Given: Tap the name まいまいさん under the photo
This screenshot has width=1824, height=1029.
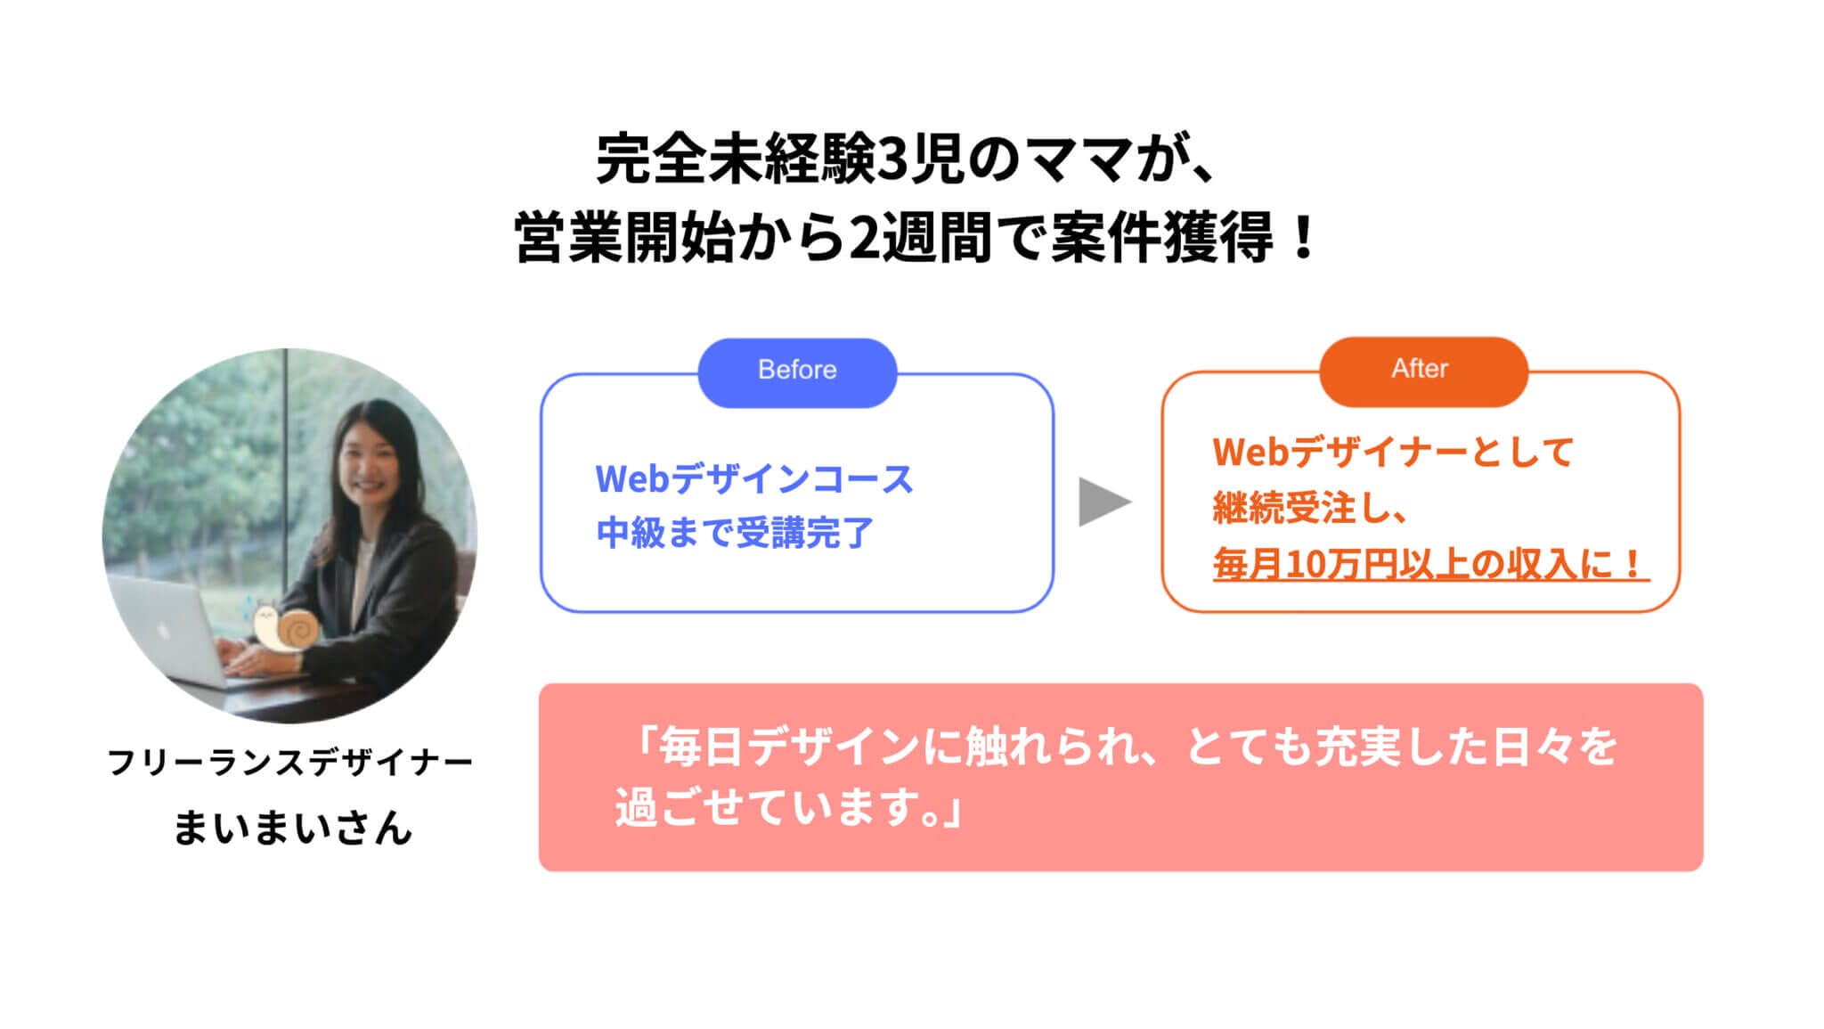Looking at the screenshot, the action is coord(293,827).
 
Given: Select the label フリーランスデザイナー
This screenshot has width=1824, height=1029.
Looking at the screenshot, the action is coord(290,762).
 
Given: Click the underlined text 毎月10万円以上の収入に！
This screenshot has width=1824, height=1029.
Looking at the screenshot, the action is coord(1429,564).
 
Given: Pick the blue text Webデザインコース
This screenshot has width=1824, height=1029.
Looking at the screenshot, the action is coord(754,479).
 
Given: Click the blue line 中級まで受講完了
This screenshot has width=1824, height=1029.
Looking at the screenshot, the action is coord(736,533).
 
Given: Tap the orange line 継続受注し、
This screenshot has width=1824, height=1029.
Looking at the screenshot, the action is coord(1309,508).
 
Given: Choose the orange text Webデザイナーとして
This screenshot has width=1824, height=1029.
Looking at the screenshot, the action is coord(1394,453).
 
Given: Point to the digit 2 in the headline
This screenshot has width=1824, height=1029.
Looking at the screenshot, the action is coord(862,240).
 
